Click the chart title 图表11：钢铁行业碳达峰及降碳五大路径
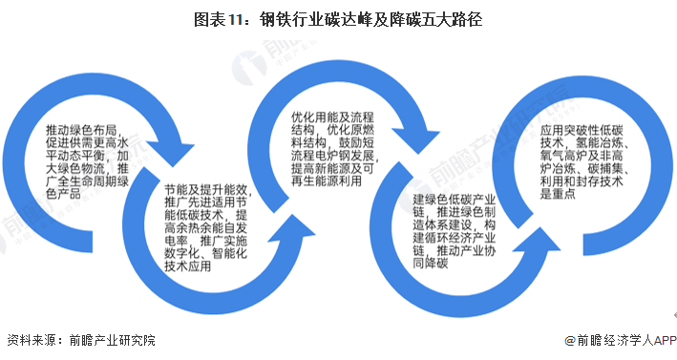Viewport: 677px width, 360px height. [337, 17]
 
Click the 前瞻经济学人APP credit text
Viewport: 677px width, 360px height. [624, 341]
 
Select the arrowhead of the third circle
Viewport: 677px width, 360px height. [416, 138]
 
